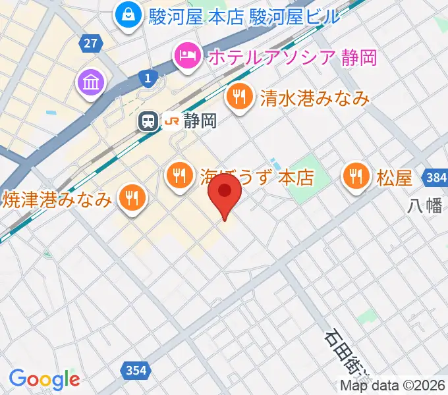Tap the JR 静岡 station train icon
[149, 120]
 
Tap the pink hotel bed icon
[187, 57]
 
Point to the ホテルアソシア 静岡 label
[293, 57]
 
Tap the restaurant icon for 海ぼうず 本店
[179, 176]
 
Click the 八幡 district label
[424, 206]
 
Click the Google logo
[44, 379]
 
